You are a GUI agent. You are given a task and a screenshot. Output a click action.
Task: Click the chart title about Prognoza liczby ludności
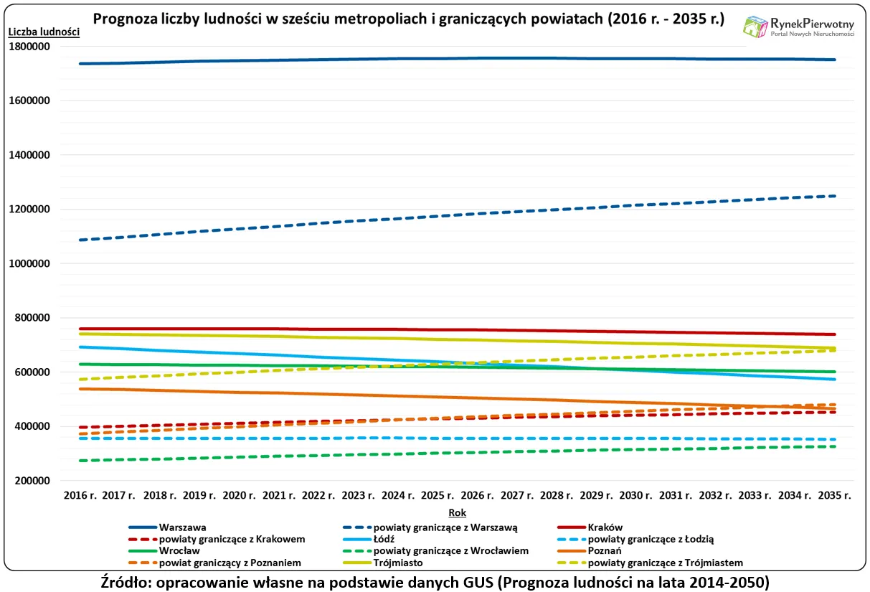point(409,19)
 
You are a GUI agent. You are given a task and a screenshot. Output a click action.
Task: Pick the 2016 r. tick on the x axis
point(80,495)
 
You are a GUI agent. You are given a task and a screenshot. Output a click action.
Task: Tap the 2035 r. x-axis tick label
point(834,495)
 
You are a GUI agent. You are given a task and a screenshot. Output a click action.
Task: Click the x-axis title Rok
point(457,512)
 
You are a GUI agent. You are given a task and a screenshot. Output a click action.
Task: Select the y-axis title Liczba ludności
point(44,32)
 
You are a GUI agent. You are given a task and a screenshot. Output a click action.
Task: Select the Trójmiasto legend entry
point(397,563)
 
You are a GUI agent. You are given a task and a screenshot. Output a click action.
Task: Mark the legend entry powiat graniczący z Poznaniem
point(230,563)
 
